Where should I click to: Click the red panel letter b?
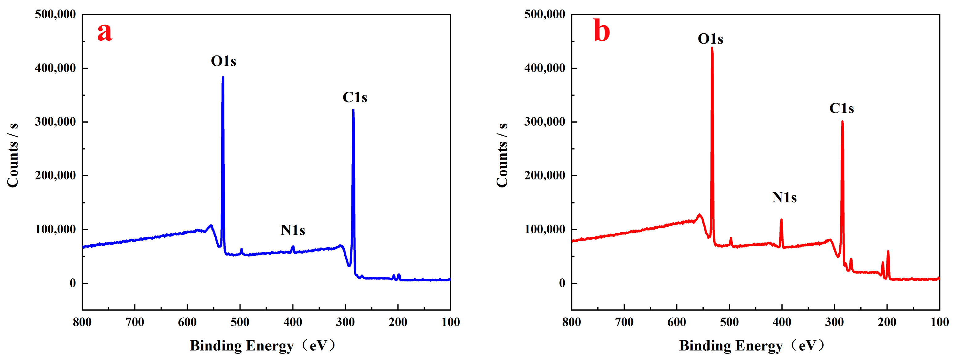[x=601, y=31]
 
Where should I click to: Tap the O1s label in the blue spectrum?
[x=223, y=61]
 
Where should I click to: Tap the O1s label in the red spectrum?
[x=710, y=39]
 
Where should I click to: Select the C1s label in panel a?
[x=355, y=98]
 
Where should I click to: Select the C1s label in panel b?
[x=841, y=108]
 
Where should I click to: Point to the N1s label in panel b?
[x=784, y=197]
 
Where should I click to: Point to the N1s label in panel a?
[x=293, y=230]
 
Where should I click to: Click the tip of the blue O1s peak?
[x=223, y=77]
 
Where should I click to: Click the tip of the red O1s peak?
[x=712, y=48]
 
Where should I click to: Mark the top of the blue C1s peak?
[x=353, y=110]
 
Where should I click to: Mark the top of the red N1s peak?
[x=781, y=220]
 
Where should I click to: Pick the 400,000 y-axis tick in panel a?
[x=55, y=68]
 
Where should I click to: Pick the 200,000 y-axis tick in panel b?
[x=544, y=176]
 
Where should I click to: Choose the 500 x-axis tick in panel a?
[x=240, y=322]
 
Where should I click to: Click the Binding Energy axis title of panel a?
[x=263, y=346]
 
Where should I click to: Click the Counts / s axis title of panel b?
[x=502, y=156]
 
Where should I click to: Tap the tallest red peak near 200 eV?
[x=888, y=252]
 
